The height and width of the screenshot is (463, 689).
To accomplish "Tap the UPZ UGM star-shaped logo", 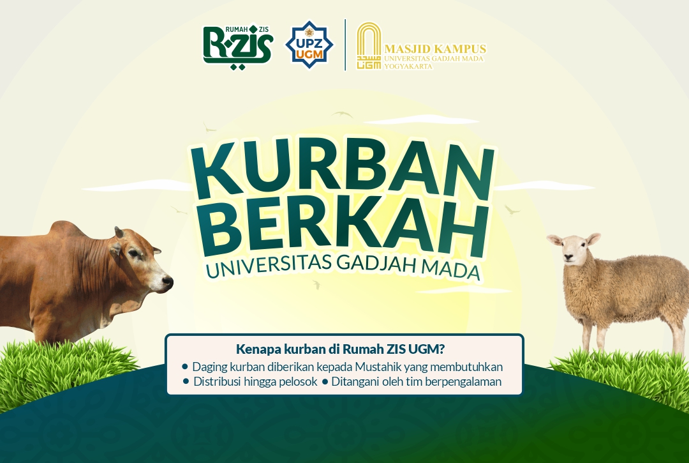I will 309,45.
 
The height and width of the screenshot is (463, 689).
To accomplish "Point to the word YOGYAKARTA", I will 408,66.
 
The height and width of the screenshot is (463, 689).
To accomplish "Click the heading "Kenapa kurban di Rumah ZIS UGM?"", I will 340,349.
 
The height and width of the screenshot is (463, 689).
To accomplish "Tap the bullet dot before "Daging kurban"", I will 185,367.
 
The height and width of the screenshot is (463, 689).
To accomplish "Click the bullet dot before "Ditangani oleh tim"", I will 325,382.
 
